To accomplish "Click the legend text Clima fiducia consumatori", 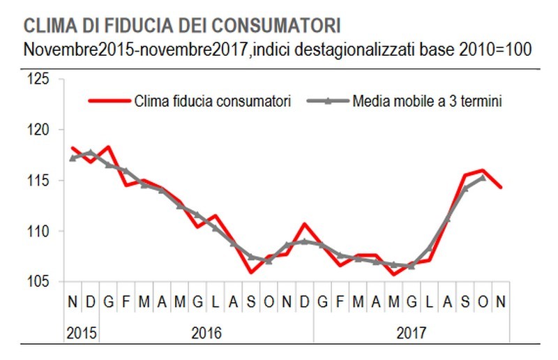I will click(210, 100).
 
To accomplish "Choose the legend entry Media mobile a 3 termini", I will click(427, 100).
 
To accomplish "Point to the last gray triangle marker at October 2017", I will click(483, 177).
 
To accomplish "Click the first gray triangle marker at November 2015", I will click(73, 158).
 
